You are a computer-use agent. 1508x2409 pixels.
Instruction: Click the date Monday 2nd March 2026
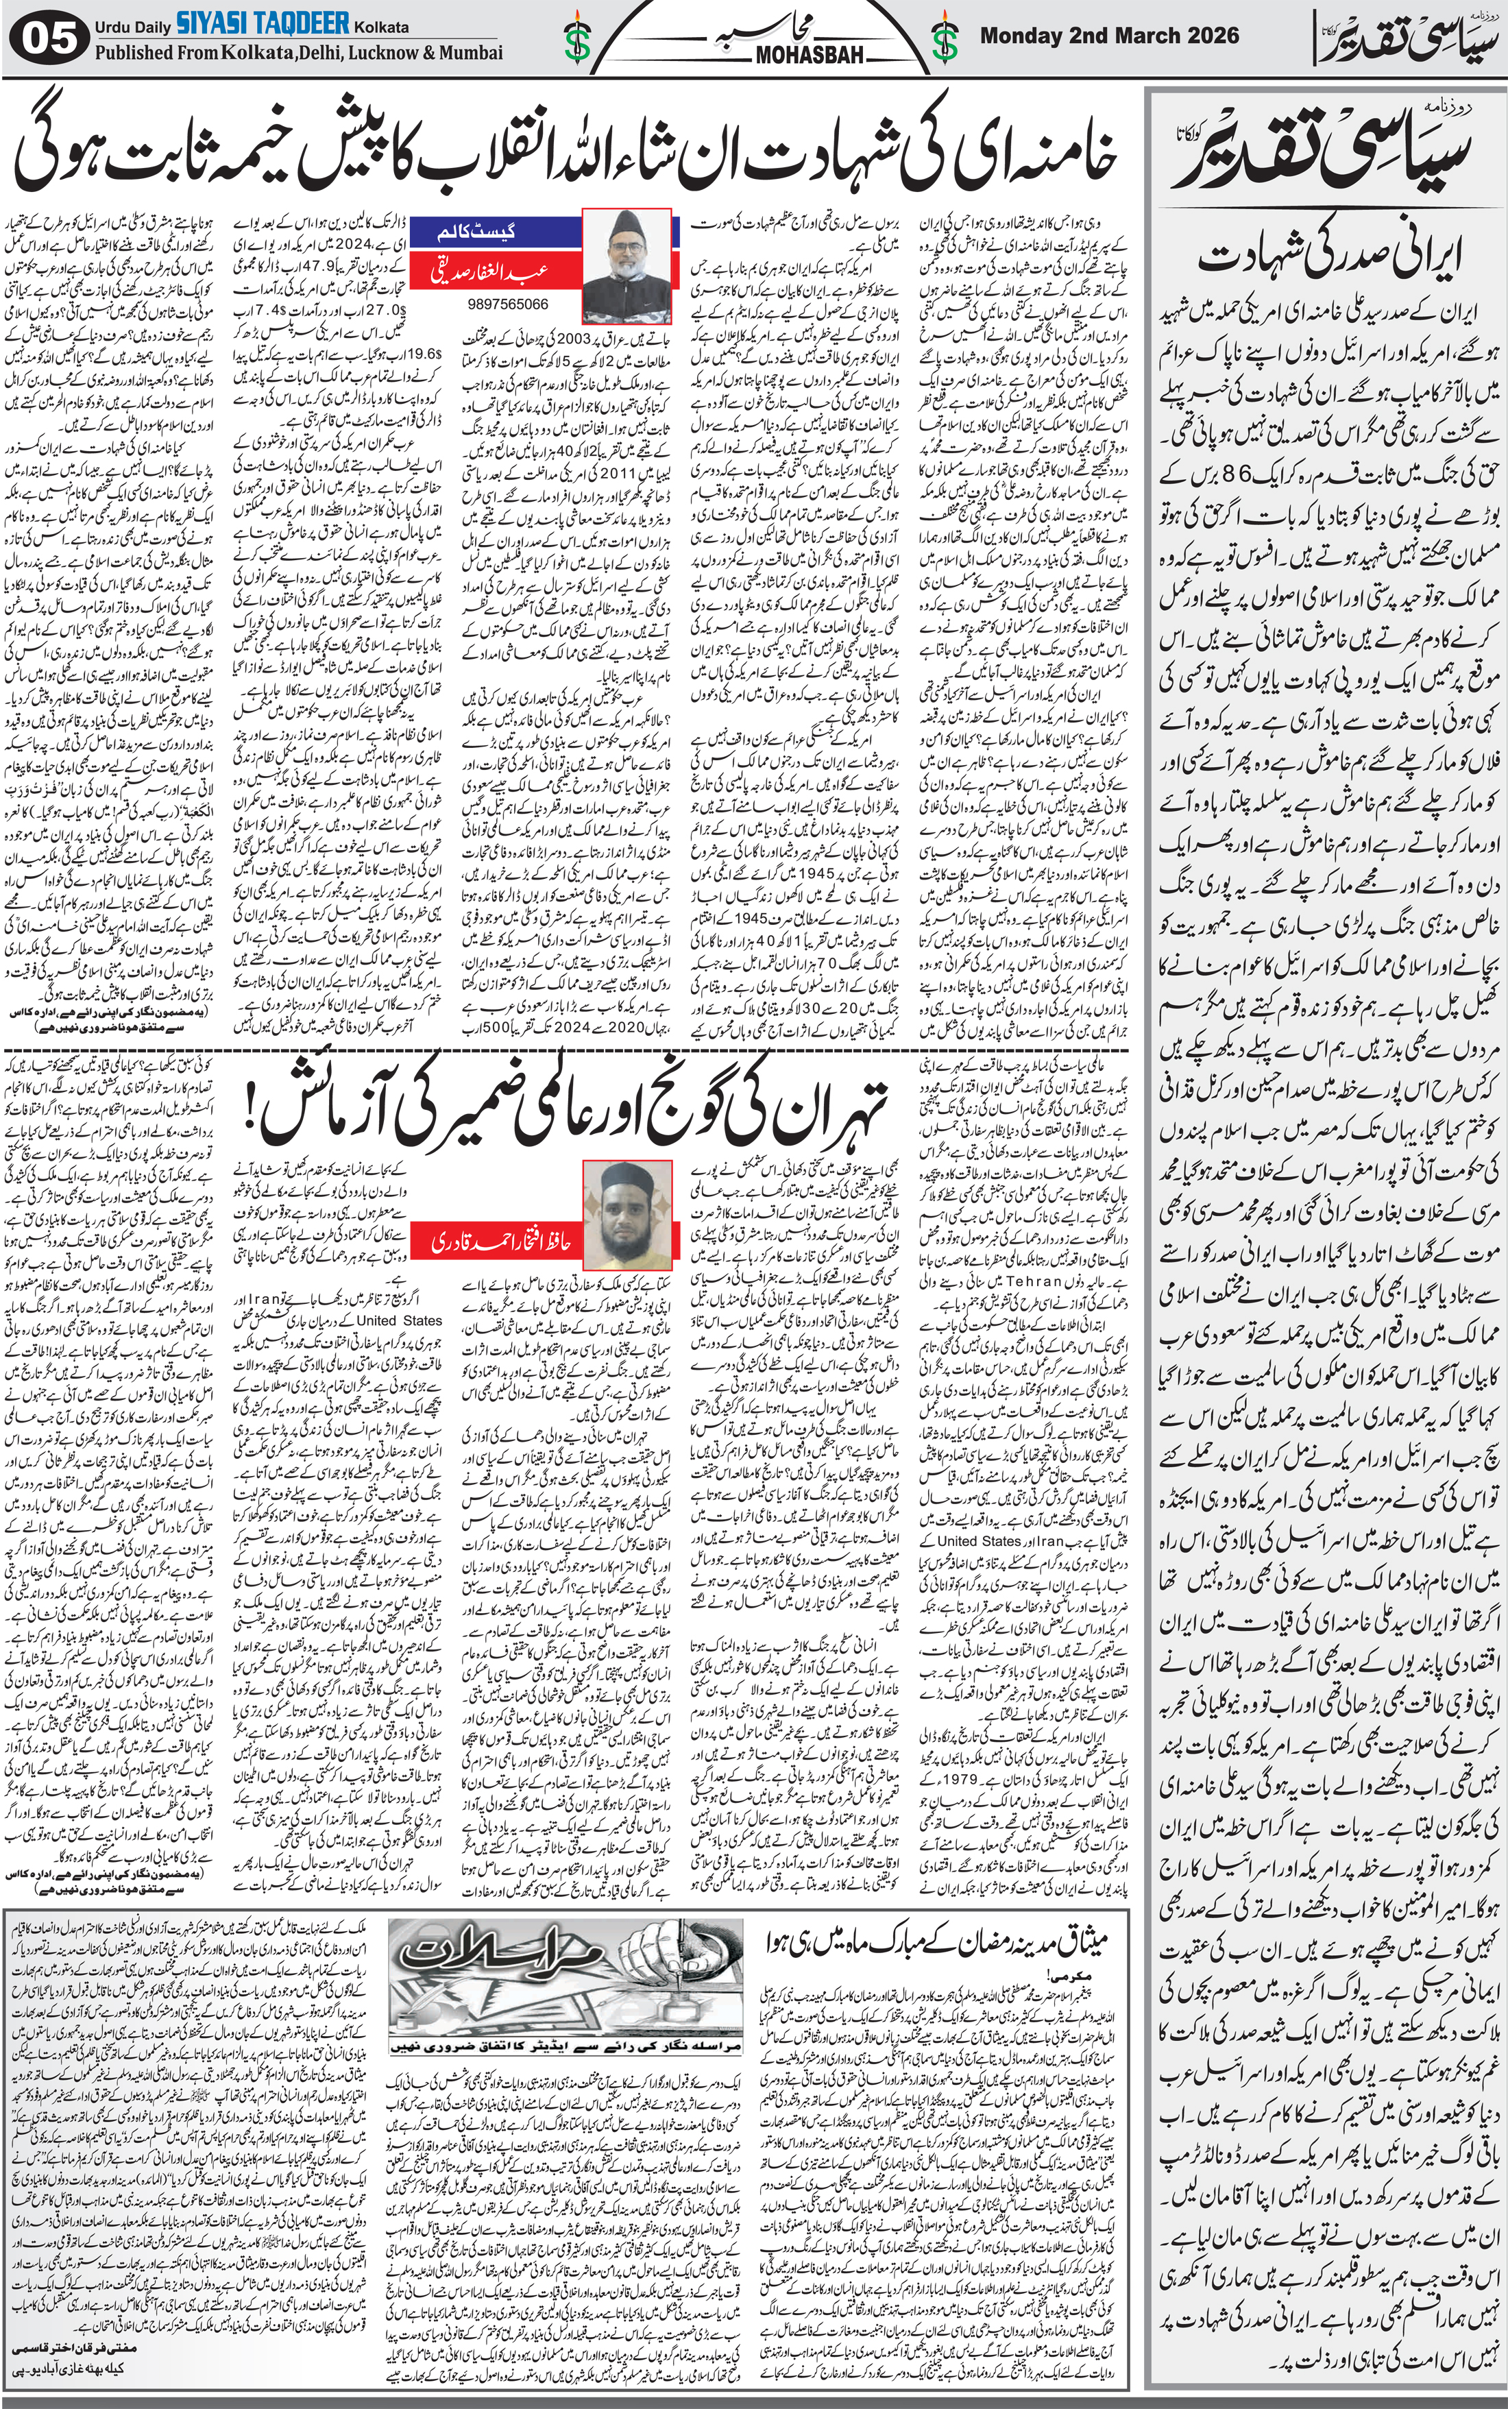[x=1109, y=36]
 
